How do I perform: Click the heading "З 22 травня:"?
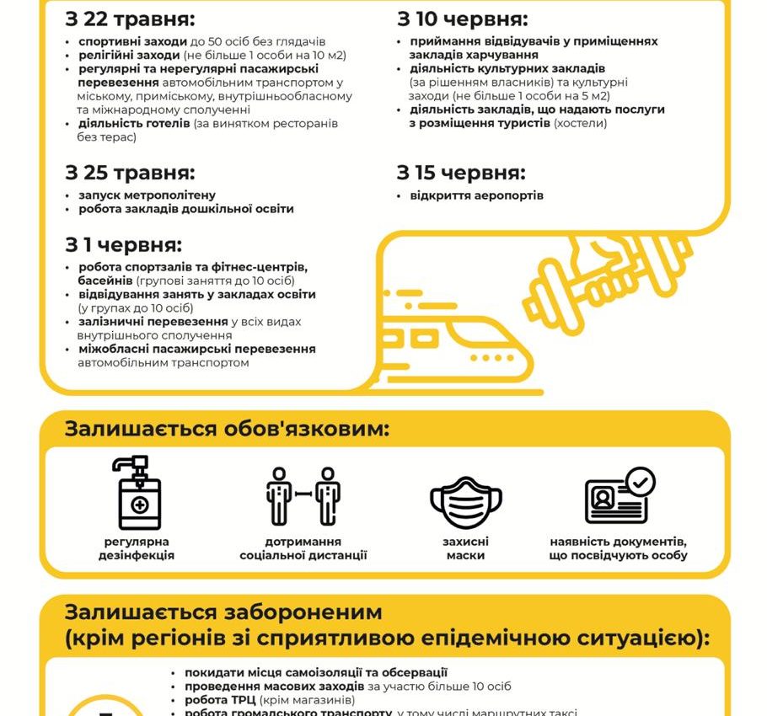coord(130,19)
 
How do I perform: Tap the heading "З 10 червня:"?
coord(463,19)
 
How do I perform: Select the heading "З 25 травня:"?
coord(130,174)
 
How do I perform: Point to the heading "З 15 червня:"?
coord(461,174)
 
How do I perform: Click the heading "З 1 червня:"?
coord(123,245)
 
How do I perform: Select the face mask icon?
coord(465,503)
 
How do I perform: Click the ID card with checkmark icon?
coord(619,497)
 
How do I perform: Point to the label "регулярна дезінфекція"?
coord(137,548)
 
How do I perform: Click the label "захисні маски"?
coord(465,548)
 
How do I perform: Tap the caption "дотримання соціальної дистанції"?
coord(303,548)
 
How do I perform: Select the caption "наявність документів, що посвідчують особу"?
coord(619,548)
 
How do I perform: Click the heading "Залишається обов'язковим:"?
coord(227,429)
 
